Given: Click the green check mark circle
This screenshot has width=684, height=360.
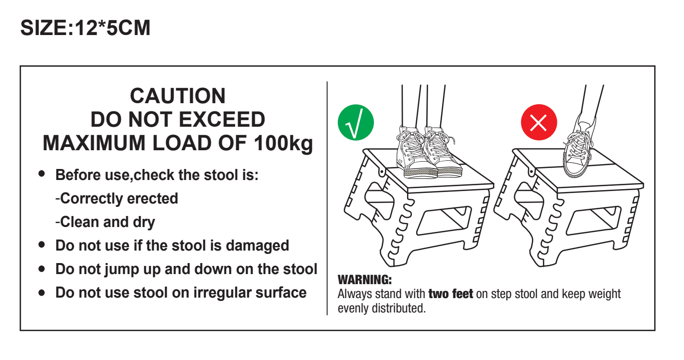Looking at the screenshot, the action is [356, 122].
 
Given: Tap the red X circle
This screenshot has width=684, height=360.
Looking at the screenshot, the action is [539, 122].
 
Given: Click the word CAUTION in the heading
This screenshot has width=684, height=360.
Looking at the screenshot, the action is [178, 96].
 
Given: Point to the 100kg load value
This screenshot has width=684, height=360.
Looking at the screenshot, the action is [283, 143].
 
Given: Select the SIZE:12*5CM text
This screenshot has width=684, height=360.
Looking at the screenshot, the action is [85, 28].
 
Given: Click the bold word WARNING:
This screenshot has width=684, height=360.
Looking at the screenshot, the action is [365, 280].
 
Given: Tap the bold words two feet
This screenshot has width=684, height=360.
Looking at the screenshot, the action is [451, 294].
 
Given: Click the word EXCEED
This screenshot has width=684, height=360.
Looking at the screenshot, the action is [222, 120].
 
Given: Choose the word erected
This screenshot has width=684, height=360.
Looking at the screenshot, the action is [152, 198].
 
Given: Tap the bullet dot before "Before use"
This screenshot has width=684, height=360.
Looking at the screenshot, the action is [42, 174].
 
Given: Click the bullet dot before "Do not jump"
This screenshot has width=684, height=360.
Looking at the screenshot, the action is [42, 269].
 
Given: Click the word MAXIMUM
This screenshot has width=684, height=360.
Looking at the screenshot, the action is [94, 143].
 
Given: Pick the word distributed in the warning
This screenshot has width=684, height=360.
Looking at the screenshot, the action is [398, 308].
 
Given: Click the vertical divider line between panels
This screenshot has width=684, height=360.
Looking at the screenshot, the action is [327, 198].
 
